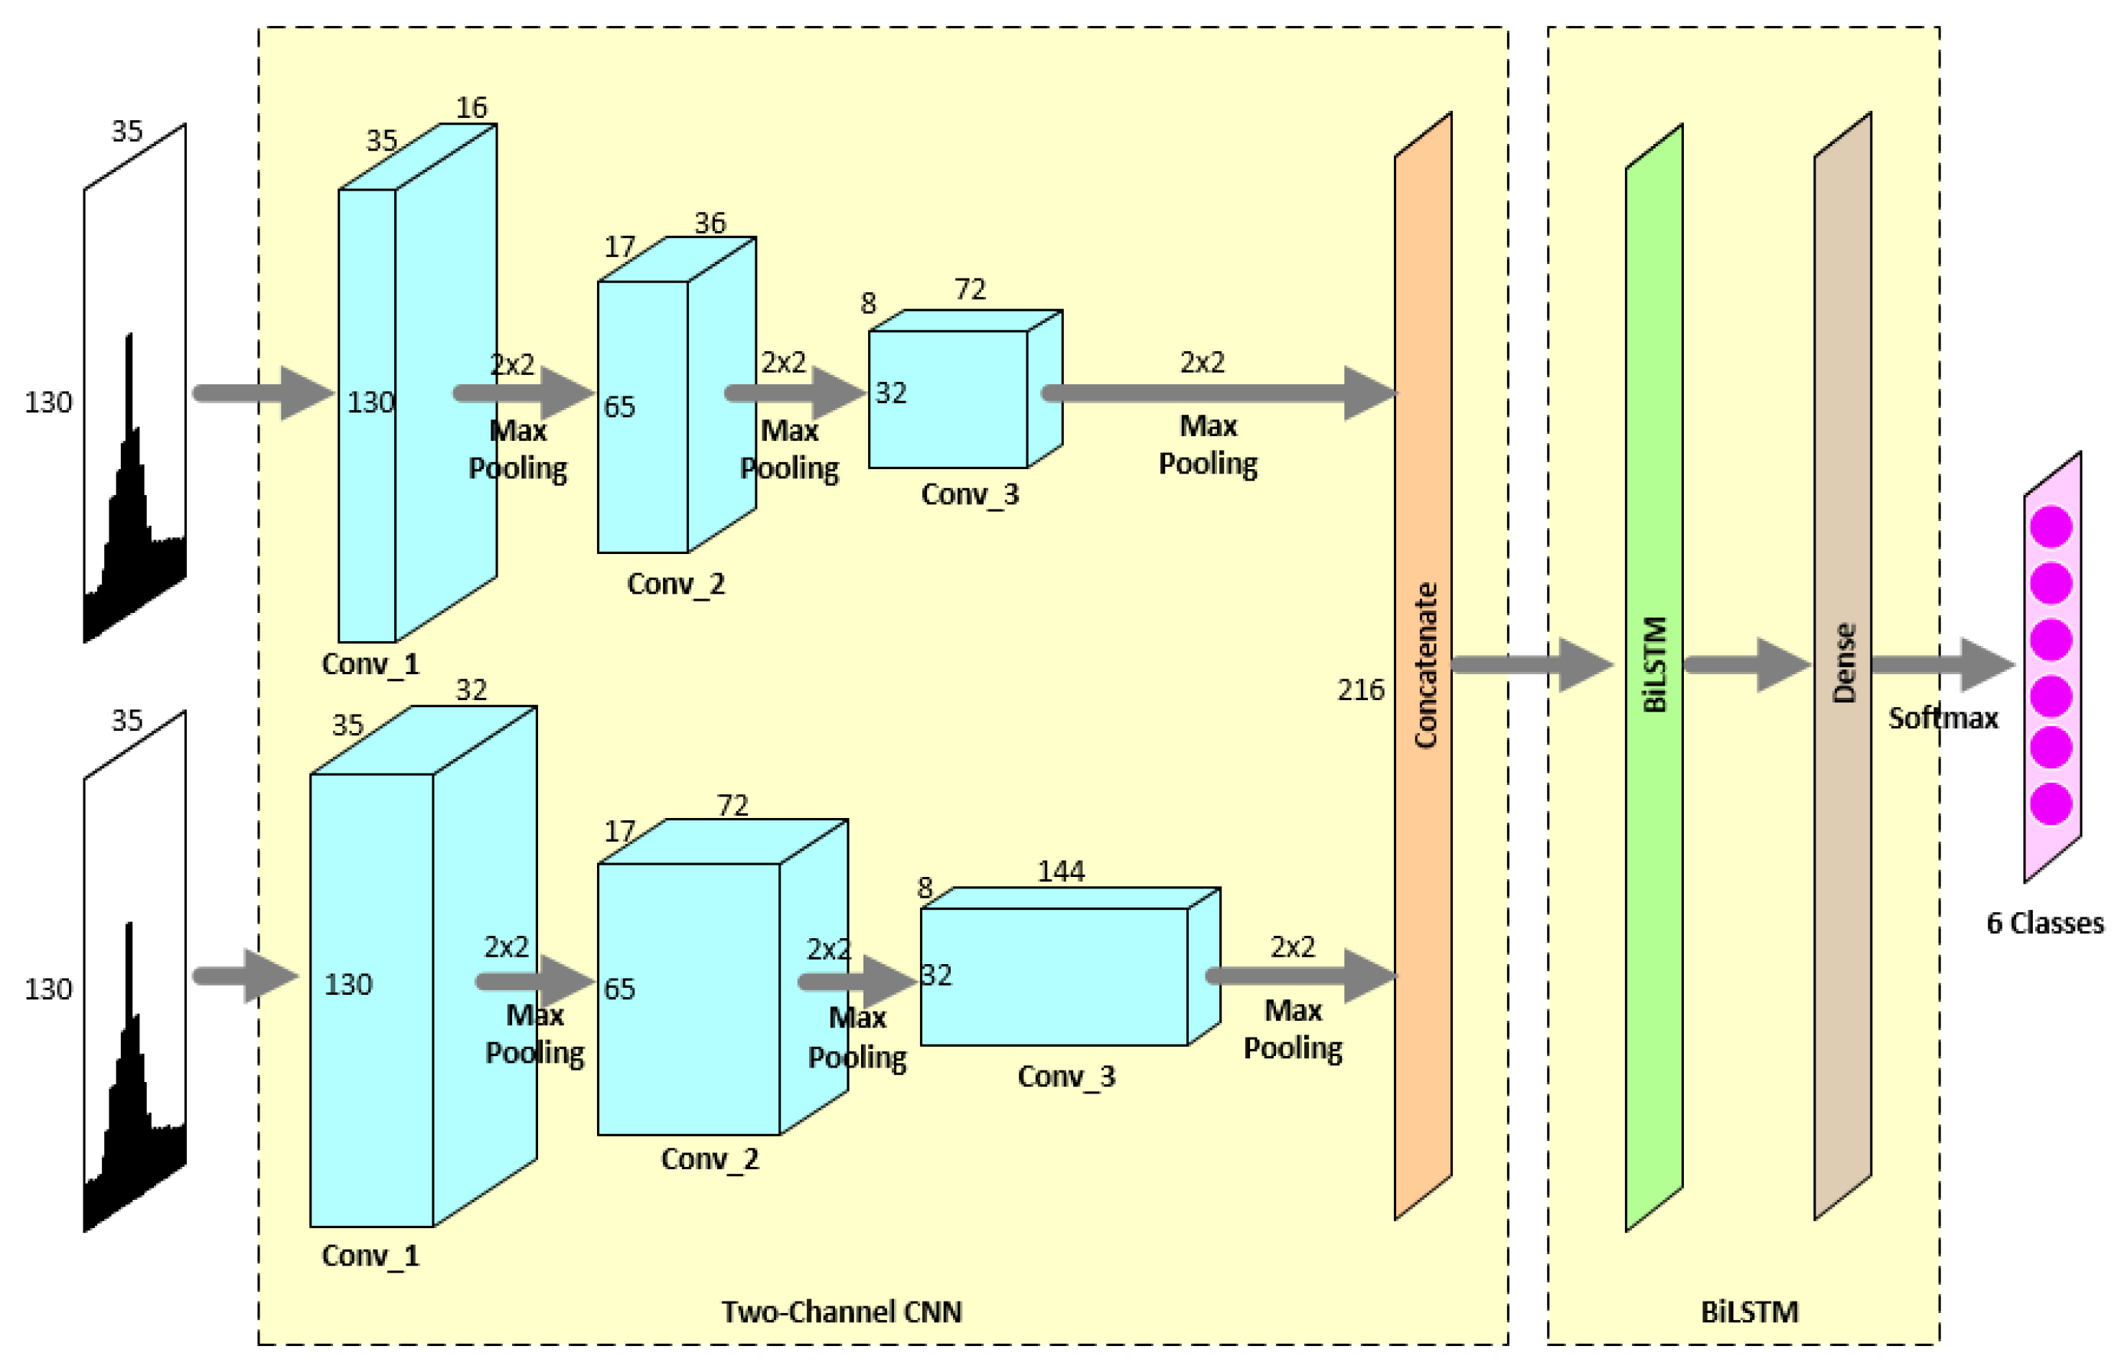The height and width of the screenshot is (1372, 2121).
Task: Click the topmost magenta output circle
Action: tap(2051, 526)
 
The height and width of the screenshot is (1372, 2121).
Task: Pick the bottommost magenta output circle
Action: tap(2051, 803)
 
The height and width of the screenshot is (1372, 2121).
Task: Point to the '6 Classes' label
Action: tap(2044, 923)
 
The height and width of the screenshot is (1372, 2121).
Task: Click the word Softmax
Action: tap(1943, 718)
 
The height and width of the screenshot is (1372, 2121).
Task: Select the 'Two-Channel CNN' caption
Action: tap(841, 1312)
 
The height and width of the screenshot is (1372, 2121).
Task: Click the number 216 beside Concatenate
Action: tap(1360, 689)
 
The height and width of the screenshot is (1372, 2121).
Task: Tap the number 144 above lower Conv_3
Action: tap(1061, 872)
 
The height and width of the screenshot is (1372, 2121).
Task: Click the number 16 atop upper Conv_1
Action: tap(472, 108)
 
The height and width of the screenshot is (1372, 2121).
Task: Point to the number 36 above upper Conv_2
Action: tap(710, 223)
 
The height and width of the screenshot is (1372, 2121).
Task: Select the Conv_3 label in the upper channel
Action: tap(970, 494)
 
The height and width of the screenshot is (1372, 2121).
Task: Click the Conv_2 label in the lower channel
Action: tap(710, 1159)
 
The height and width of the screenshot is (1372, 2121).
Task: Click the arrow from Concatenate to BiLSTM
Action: tap(1529, 665)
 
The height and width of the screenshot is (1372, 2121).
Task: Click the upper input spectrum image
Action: tap(135, 383)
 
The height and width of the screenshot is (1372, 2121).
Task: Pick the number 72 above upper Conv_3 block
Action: tap(970, 289)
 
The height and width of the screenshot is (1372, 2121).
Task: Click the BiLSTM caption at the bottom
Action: tap(1748, 1312)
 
